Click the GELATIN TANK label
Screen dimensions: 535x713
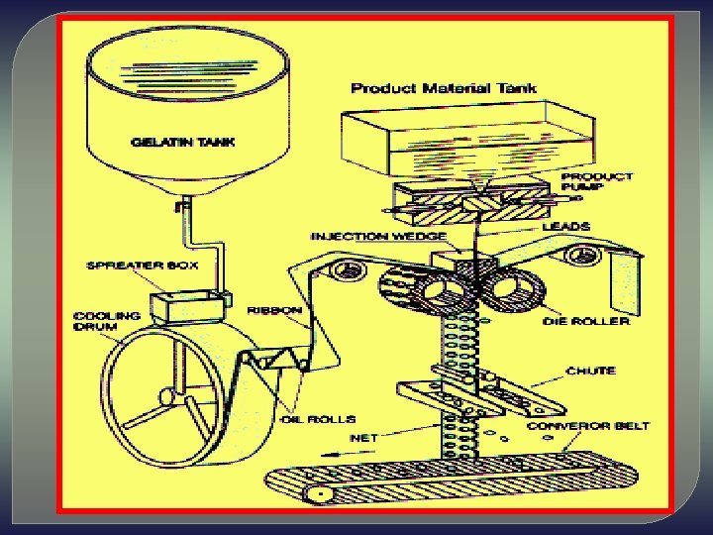pos(183,142)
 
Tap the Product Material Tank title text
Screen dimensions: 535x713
pos(444,88)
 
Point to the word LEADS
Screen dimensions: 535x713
pos(566,226)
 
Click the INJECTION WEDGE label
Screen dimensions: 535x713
pos(378,237)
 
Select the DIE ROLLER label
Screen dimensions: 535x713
pos(585,321)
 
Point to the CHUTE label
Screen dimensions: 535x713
pos(590,371)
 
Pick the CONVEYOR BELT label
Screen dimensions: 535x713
pos(602,426)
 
